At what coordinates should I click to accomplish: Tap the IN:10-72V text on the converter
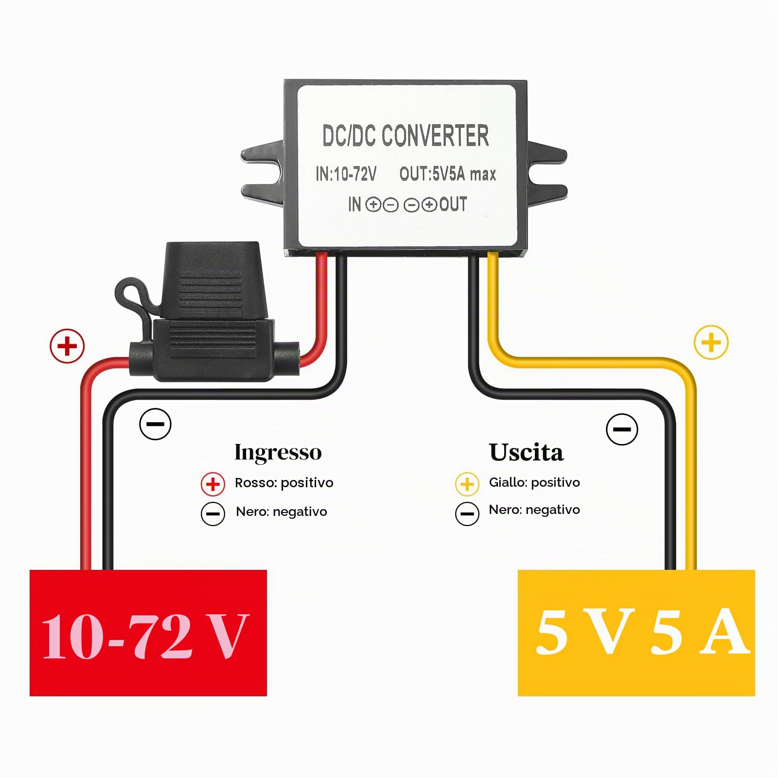point(346,174)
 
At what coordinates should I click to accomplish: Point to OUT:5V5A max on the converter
point(448,174)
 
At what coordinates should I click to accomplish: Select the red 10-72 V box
point(148,633)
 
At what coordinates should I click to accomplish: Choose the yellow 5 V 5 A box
point(636,633)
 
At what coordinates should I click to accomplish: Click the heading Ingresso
point(278,452)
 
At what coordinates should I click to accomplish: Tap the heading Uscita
point(526,452)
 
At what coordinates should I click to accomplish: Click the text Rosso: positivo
point(284,483)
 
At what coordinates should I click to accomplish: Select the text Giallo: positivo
point(534,482)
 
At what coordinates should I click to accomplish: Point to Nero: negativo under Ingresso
point(282,512)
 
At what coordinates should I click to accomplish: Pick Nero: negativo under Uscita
point(534,510)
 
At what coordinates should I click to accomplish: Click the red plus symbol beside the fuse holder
point(67,346)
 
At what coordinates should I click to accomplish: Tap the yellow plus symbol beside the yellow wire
point(711,342)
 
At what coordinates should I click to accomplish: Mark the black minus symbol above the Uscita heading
point(622,429)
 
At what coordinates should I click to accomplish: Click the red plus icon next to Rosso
point(212,484)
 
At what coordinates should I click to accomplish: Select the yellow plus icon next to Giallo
point(467,484)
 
